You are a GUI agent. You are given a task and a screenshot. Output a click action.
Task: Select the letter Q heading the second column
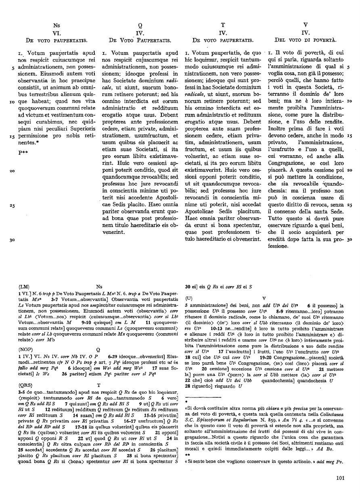point(140,25)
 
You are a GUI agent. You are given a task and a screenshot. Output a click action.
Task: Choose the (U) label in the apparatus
point(189,298)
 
